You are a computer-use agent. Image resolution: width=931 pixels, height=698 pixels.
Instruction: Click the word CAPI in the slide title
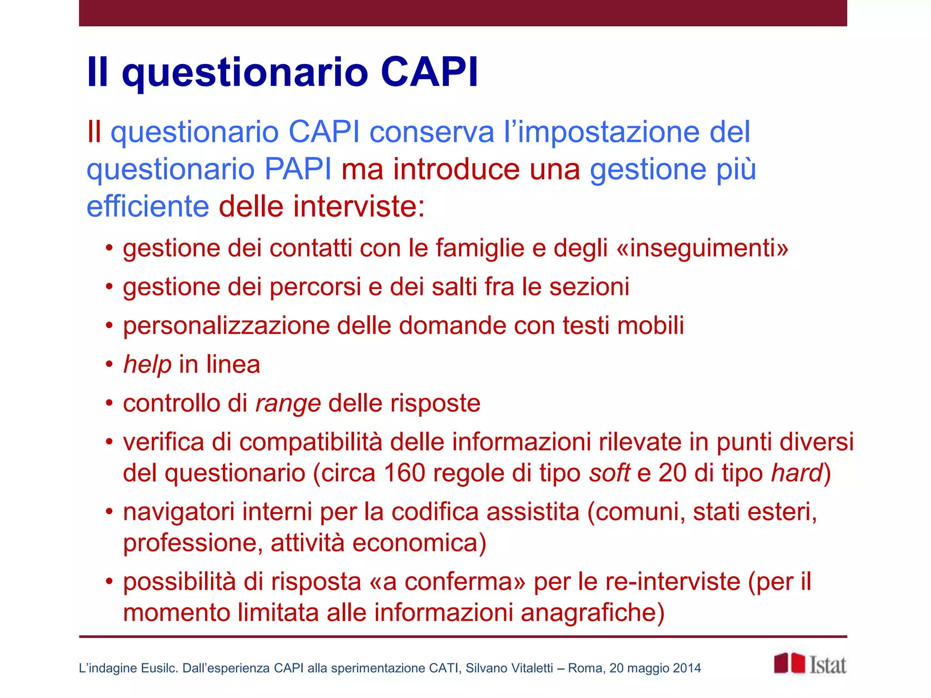[429, 72]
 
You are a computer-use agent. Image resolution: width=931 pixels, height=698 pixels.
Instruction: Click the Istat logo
[810, 664]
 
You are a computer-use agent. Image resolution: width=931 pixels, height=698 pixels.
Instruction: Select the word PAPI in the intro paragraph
[298, 169]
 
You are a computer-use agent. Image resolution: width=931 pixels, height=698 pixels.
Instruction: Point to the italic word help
[147, 364]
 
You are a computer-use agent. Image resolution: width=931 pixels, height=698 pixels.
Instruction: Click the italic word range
[288, 404]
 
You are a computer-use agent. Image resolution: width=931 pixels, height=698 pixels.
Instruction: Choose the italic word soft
[609, 473]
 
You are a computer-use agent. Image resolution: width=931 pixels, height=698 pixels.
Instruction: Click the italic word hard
[797, 473]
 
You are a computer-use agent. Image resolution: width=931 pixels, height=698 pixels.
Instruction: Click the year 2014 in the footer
[687, 668]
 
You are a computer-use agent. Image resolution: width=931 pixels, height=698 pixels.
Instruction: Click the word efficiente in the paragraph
[148, 207]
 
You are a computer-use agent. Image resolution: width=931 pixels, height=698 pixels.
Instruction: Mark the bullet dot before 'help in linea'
[109, 364]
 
